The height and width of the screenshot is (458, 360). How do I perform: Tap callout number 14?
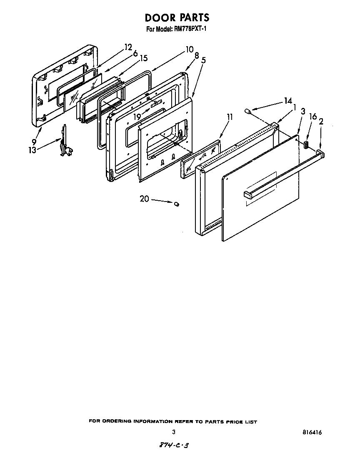pyautogui.click(x=287, y=101)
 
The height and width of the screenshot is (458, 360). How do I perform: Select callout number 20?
pyautogui.click(x=144, y=199)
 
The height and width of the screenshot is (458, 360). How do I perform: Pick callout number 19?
pyautogui.click(x=137, y=117)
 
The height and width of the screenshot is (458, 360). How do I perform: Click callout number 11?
pyautogui.click(x=229, y=117)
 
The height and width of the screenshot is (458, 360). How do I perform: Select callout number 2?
pyautogui.click(x=321, y=122)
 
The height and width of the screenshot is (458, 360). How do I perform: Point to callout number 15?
pyautogui.click(x=143, y=58)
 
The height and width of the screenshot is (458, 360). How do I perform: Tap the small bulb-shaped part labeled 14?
pyautogui.click(x=248, y=112)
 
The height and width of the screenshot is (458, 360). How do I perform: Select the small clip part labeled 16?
pyautogui.click(x=306, y=144)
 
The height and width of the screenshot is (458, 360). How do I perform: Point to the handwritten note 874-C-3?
pyautogui.click(x=171, y=446)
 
